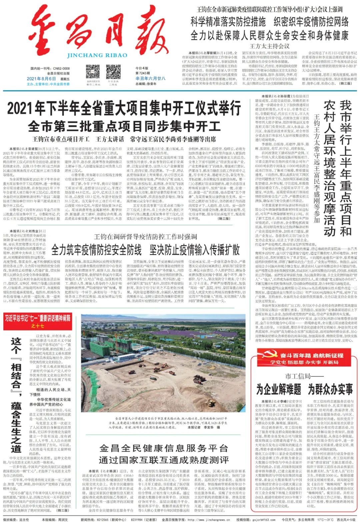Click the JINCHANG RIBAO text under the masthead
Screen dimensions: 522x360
[97, 55]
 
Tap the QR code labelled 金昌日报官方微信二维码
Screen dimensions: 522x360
[93, 72]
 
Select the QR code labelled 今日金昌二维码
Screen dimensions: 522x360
[113, 72]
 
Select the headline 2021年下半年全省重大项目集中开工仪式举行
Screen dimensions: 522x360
[124, 108]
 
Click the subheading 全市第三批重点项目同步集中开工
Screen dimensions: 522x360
[124, 127]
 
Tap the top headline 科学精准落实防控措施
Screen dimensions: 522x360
[228, 22]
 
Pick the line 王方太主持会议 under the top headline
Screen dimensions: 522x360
[269, 46]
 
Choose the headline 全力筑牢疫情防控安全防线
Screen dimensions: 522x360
[96, 250]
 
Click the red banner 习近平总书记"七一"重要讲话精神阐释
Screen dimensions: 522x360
[37, 318]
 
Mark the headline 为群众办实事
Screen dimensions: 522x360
[330, 389]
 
